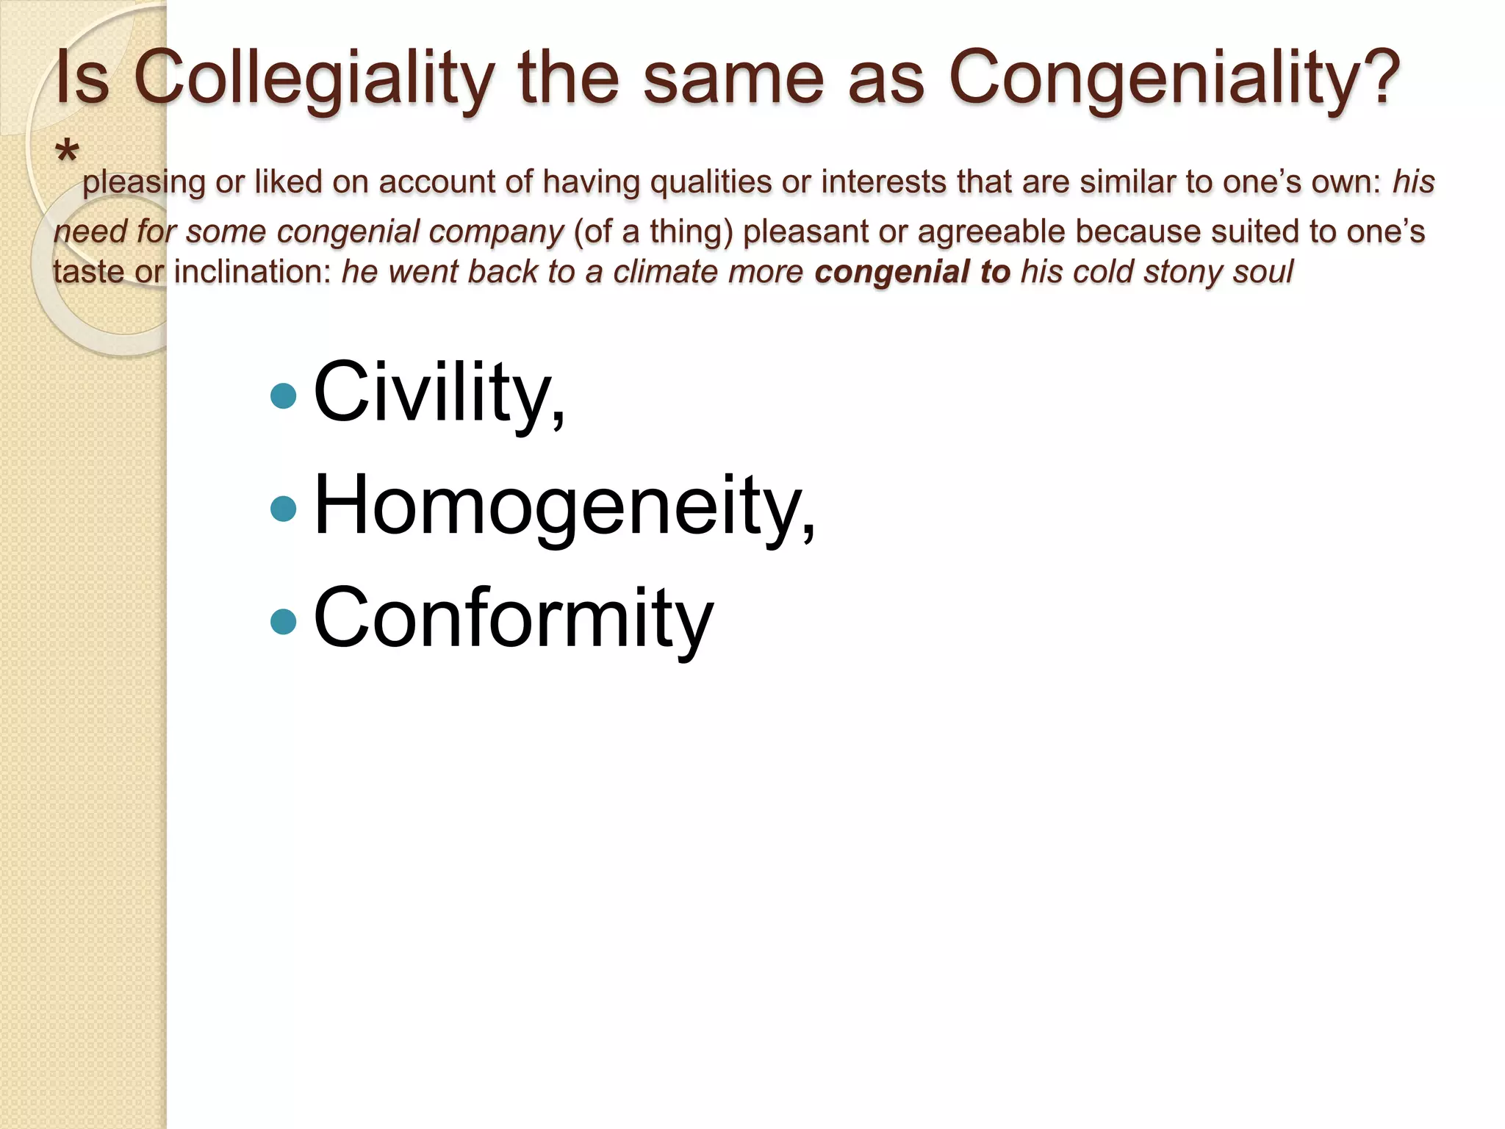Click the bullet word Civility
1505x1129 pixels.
point(438,393)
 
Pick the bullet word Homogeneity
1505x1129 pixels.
point(563,506)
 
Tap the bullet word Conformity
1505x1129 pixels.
point(513,619)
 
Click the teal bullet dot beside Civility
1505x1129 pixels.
point(283,396)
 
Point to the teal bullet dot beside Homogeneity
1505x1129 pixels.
point(283,509)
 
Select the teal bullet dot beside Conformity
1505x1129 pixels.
point(283,622)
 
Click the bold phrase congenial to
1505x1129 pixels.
point(912,272)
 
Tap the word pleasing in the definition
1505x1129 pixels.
point(143,183)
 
